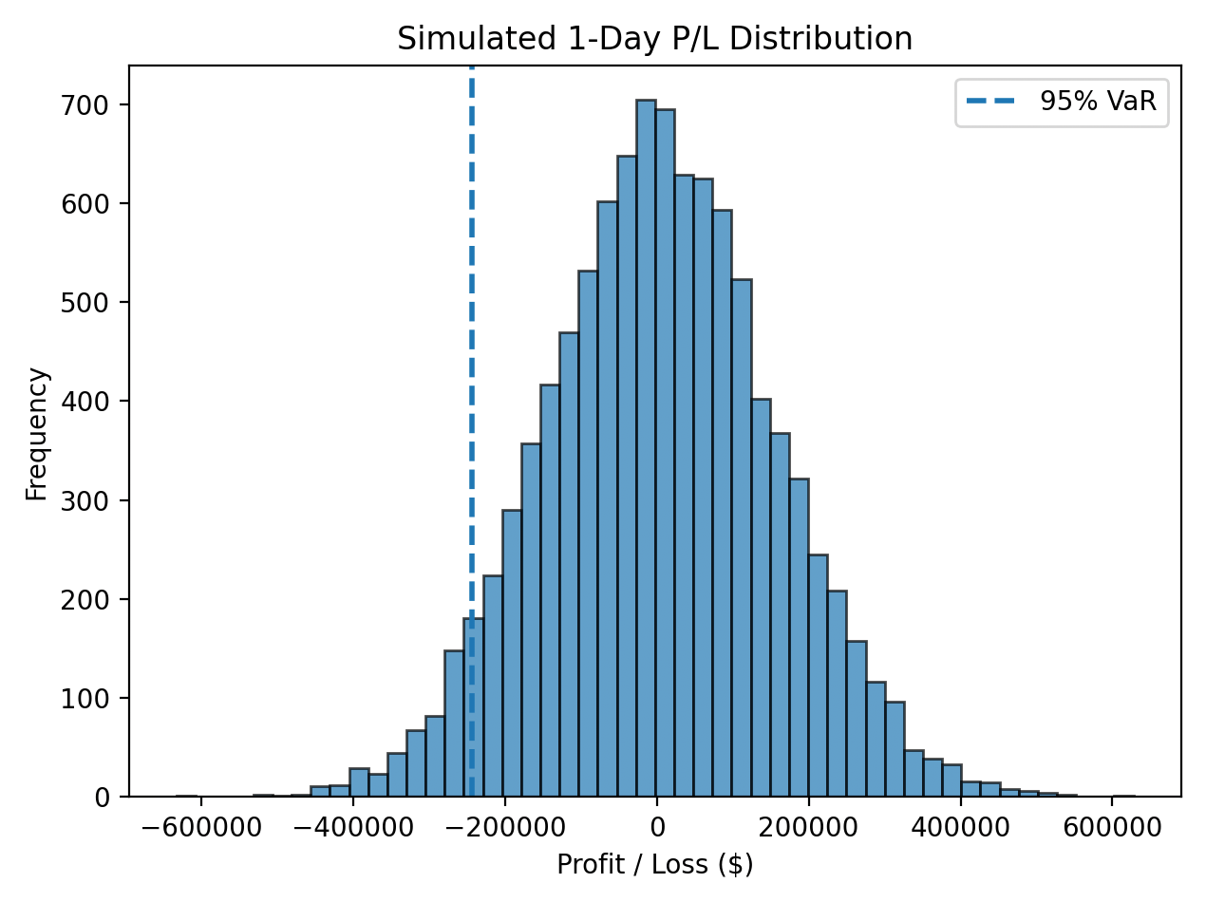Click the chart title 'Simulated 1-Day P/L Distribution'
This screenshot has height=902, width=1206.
(x=654, y=39)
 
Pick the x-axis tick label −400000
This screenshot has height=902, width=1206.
(x=352, y=825)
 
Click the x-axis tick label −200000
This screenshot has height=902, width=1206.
(x=504, y=825)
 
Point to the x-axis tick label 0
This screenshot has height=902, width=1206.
(x=656, y=825)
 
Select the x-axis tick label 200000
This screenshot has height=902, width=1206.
(x=808, y=825)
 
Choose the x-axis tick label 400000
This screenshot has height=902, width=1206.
(x=960, y=825)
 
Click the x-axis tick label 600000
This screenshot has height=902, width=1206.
(x=1112, y=825)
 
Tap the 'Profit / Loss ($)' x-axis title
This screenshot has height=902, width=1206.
(x=654, y=865)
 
